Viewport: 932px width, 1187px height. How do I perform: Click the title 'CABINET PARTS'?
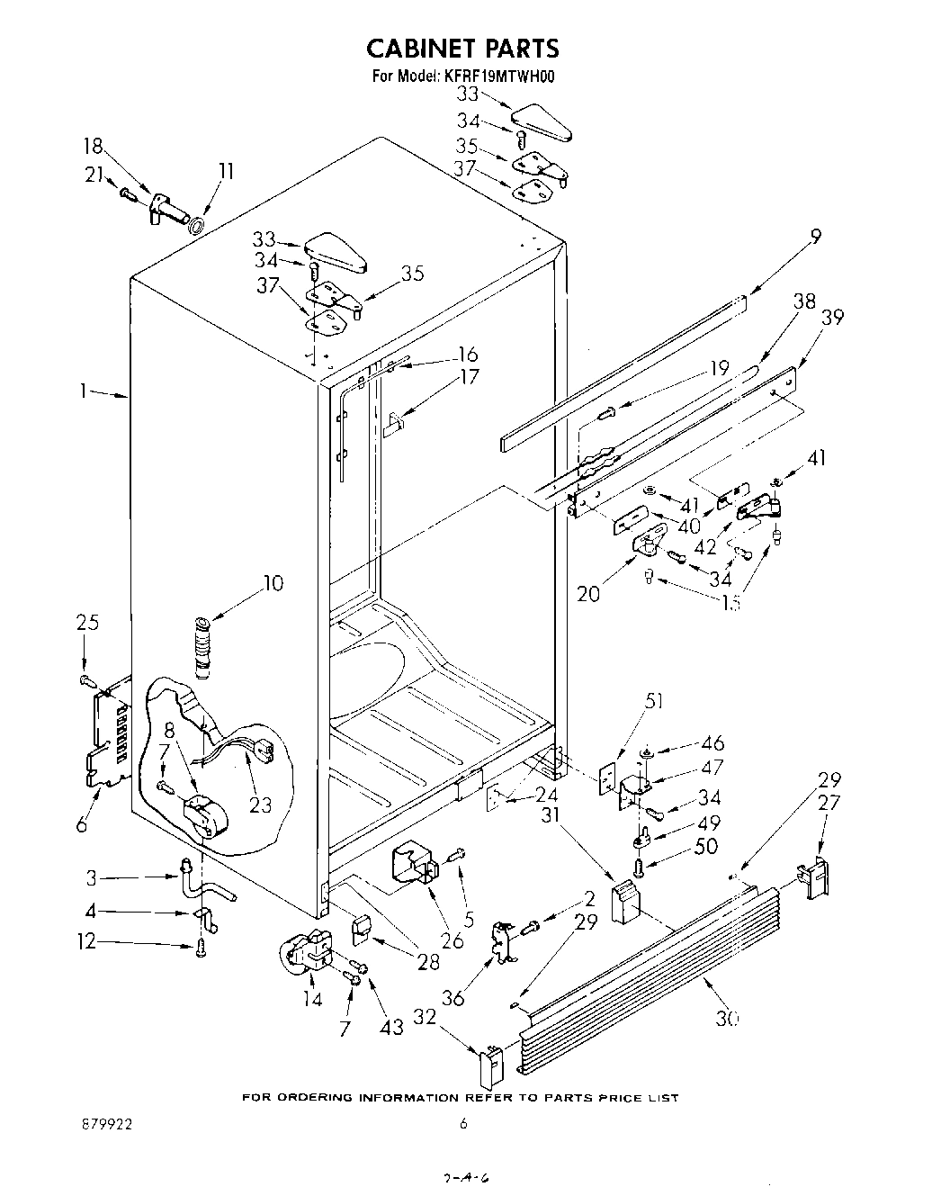tap(463, 47)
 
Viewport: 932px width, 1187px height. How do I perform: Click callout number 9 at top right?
tap(815, 237)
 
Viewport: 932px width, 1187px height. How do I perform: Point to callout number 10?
tap(273, 583)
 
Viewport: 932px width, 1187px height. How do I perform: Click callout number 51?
tap(654, 701)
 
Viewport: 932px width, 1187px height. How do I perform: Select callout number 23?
tap(260, 804)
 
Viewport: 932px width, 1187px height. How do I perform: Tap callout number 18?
tap(93, 147)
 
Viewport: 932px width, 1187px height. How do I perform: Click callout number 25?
tap(87, 622)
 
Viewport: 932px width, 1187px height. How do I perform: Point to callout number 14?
tap(312, 998)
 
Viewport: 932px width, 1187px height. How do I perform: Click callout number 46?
tap(712, 743)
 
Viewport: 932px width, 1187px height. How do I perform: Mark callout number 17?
tap(469, 378)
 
